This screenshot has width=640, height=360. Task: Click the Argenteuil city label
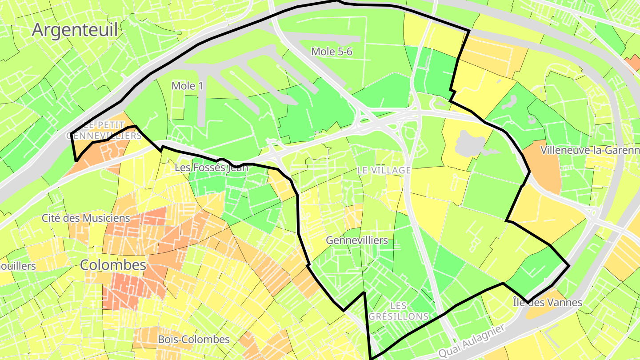(x=75, y=30)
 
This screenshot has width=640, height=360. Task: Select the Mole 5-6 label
(x=332, y=52)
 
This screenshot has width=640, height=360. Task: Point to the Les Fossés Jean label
(x=211, y=168)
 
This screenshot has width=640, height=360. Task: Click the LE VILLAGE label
(x=384, y=170)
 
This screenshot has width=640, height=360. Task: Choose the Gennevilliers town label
(x=357, y=240)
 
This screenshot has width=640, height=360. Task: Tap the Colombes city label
(x=113, y=265)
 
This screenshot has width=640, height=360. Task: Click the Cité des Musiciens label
(x=86, y=218)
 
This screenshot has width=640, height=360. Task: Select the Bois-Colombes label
(x=194, y=340)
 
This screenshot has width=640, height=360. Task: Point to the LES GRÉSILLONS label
(x=399, y=311)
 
